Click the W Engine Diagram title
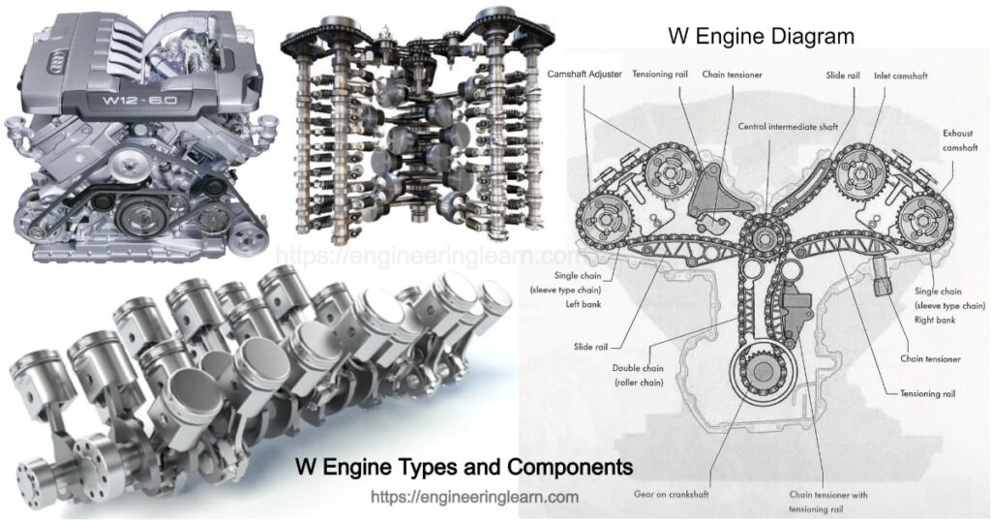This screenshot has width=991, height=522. pos(762,37)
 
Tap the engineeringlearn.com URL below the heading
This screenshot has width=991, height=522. pos(475,497)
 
